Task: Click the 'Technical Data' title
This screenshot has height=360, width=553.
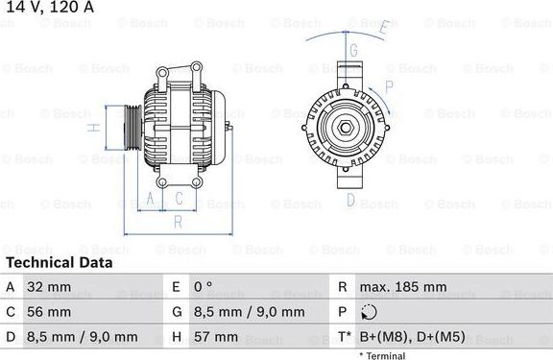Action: pos(60,262)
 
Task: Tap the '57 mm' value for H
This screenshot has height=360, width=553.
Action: pos(218,337)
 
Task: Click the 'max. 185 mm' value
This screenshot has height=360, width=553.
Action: pos(403,287)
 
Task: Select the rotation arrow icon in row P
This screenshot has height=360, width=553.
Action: pos(372,312)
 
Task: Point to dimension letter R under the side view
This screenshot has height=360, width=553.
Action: pos(178,222)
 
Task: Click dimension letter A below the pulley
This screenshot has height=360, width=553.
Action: pos(149,199)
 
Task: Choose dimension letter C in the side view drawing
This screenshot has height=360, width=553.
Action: pos(180,199)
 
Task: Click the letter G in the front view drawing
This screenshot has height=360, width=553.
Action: pos(352,50)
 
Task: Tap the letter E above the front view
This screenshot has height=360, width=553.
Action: pos(381,28)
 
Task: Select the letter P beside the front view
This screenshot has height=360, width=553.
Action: pos(388,86)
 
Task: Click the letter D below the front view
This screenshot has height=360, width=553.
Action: pos(351,200)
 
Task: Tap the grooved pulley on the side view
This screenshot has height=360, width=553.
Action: pos(132,127)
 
